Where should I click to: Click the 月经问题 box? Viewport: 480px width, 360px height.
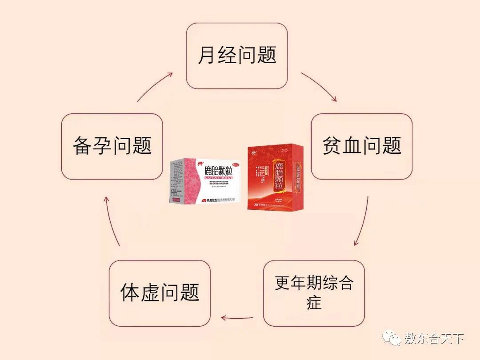[x=237, y=56]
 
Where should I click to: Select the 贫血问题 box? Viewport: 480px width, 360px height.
[x=361, y=146]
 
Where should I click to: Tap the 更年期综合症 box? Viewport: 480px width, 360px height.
[x=314, y=293]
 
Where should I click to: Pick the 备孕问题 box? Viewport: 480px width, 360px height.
[x=112, y=146]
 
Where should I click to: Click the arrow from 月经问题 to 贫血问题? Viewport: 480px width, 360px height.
[x=319, y=87]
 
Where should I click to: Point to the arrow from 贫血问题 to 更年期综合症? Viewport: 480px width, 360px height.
[x=362, y=221]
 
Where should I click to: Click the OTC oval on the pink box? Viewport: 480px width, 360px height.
[x=236, y=164]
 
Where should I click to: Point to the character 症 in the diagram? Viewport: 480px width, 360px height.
[x=314, y=303]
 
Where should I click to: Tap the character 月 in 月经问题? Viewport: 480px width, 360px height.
[x=206, y=56]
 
